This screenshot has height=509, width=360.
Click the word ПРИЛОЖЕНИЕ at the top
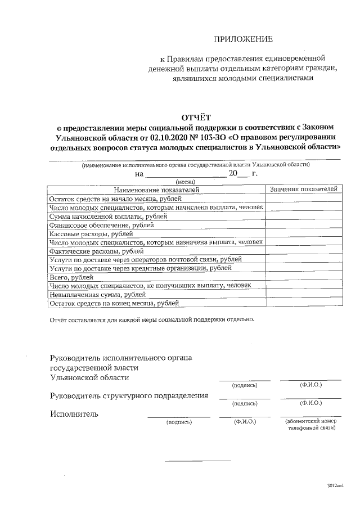(243, 39)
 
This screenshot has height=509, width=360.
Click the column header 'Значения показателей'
(303, 190)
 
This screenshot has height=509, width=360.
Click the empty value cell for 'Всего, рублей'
(303, 277)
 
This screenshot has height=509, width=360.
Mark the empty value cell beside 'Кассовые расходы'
(303, 233)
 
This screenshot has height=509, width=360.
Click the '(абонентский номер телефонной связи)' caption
(311, 425)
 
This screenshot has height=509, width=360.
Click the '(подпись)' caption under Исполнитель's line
(179, 421)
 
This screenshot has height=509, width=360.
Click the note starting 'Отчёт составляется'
(152, 320)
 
